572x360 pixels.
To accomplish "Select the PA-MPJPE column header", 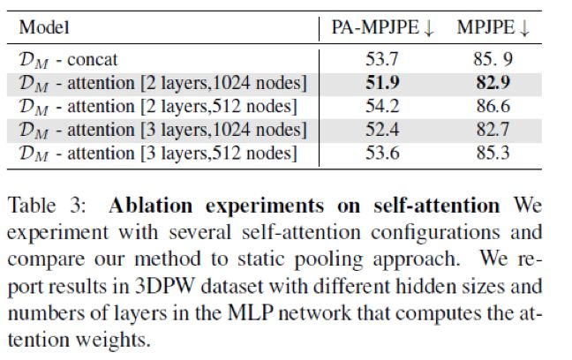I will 383,29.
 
